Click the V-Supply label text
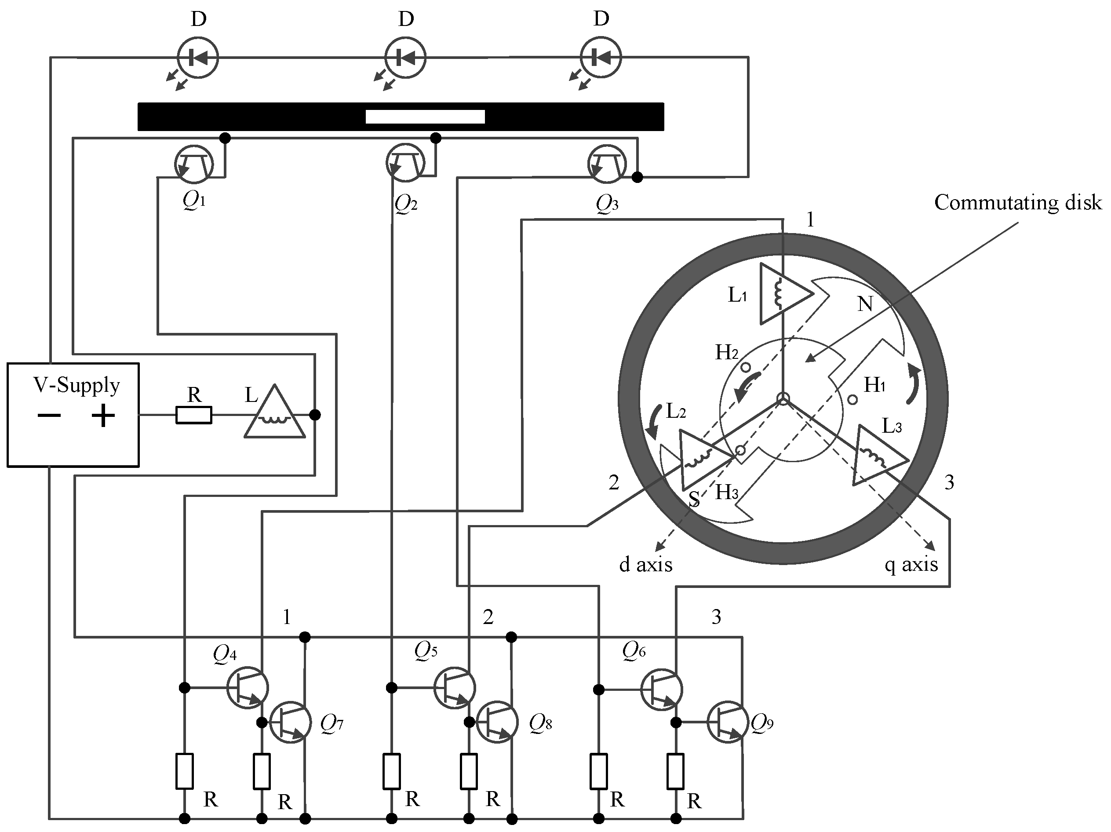[x=76, y=385]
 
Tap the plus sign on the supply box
[x=103, y=416]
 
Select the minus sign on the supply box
[x=49, y=416]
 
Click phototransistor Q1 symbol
[x=194, y=164]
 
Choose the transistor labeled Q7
[x=290, y=723]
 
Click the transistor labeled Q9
[x=728, y=722]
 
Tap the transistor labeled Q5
[x=455, y=688]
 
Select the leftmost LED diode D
[x=198, y=58]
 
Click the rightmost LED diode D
[x=601, y=58]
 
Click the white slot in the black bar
[x=425, y=117]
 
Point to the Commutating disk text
[x=1018, y=202]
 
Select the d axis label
[x=645, y=565]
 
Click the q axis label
[x=911, y=565]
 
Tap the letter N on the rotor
[x=865, y=304]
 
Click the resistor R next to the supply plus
[x=194, y=416]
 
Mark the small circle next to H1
[x=853, y=400]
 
